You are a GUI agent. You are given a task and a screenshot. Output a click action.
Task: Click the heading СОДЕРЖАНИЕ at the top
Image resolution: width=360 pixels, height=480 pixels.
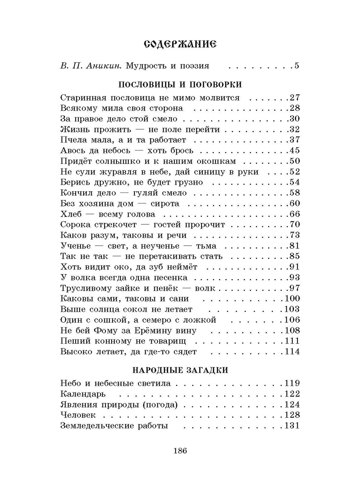tap(180, 45)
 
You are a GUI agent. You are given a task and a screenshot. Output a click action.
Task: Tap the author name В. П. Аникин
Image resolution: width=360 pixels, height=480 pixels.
tap(91, 66)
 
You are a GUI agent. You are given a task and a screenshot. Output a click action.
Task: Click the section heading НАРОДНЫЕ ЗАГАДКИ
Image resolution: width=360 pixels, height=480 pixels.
tap(180, 370)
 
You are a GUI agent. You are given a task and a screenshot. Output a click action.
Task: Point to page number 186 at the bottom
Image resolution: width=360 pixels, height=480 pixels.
tap(180, 451)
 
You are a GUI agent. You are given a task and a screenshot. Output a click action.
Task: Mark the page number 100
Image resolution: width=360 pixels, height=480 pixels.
tap(292, 298)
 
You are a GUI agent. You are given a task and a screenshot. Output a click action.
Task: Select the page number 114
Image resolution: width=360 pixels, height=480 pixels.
tap(292, 352)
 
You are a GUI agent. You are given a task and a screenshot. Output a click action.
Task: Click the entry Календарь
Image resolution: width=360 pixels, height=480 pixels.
tap(83, 394)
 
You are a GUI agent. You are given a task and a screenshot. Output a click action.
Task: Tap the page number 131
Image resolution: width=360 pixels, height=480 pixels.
tap(292, 426)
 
